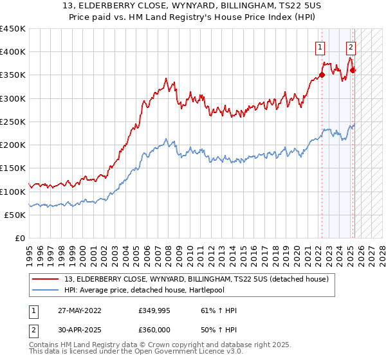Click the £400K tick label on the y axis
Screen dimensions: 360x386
click(12, 52)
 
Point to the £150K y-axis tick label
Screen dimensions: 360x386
click(12, 168)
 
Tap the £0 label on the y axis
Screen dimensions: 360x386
click(20, 238)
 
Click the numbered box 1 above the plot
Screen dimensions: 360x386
click(320, 46)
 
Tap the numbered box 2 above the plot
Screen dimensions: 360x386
click(351, 46)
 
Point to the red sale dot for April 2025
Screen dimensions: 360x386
click(353, 71)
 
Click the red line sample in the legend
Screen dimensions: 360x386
click(46, 278)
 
